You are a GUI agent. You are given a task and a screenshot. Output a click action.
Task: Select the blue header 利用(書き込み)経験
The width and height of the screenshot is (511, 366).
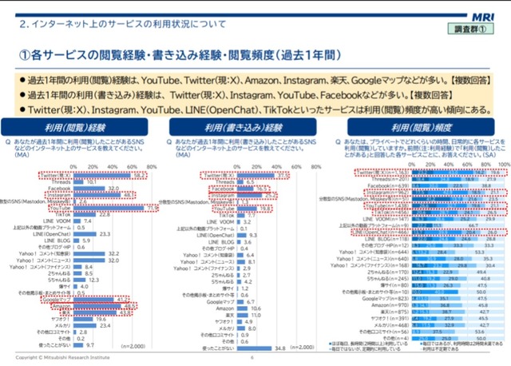(x=253, y=127)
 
